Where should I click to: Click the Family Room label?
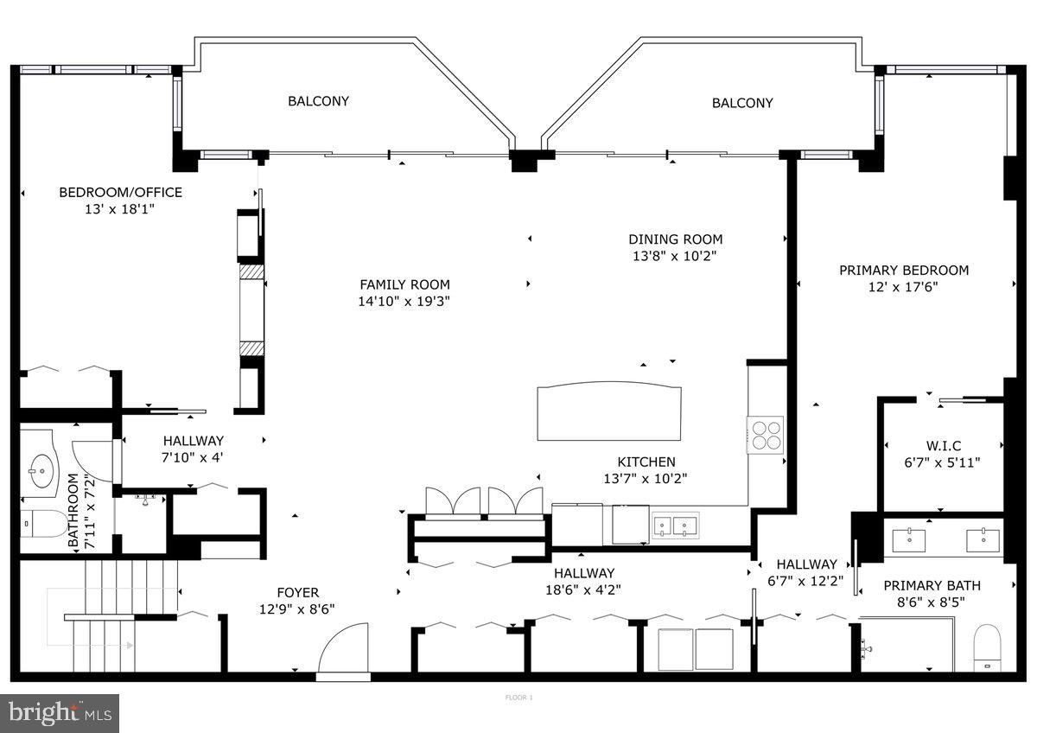[404, 284]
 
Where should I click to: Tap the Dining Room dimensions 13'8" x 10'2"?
[675, 256]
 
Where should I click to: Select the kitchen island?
[608, 413]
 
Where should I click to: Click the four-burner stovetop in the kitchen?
[766, 434]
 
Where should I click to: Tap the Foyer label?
[297, 593]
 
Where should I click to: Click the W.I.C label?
[945, 446]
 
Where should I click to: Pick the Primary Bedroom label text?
[904, 270]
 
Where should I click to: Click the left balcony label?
[318, 101]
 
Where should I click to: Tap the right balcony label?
[742, 103]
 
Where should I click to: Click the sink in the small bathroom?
[38, 471]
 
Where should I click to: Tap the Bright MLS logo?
[60, 713]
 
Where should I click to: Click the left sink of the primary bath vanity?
[908, 539]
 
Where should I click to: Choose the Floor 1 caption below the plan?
[518, 697]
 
